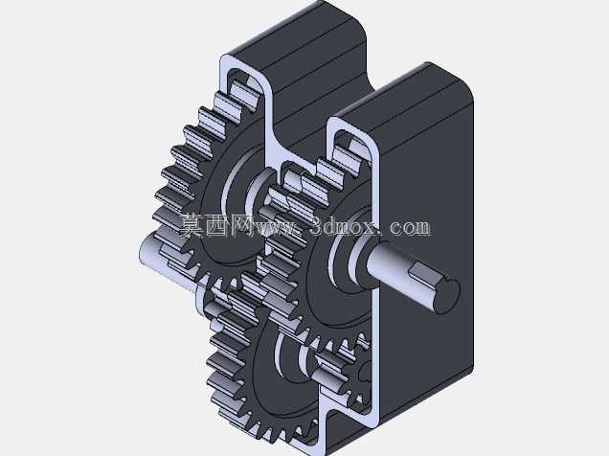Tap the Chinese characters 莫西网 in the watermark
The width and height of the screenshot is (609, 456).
tap(216, 226)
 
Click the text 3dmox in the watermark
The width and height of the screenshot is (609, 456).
tap(344, 226)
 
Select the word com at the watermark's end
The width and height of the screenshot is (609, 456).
tap(410, 227)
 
